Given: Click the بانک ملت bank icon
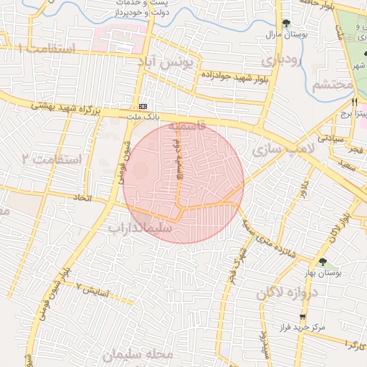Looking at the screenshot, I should click(145, 105).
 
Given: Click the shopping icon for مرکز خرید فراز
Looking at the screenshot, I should click(303, 315).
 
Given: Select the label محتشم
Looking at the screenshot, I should click(333, 85).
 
